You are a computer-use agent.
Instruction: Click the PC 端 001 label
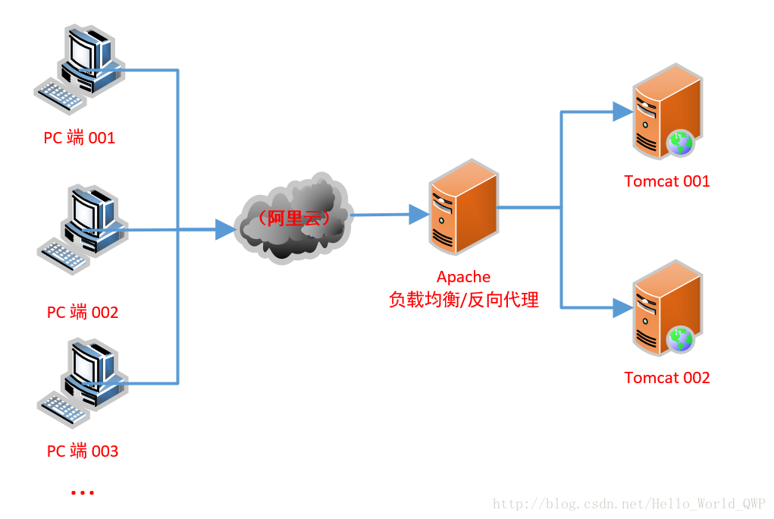click(x=80, y=138)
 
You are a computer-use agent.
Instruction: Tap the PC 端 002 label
click(x=83, y=313)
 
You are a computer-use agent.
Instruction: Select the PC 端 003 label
click(x=83, y=451)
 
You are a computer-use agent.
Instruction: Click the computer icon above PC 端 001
click(x=78, y=69)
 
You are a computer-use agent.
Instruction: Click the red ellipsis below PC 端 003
click(x=82, y=493)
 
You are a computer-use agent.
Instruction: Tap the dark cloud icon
click(x=293, y=219)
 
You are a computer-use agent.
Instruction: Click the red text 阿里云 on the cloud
click(x=293, y=218)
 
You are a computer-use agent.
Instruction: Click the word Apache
click(x=463, y=277)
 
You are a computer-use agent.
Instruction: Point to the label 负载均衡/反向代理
click(x=463, y=300)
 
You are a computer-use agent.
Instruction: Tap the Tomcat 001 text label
click(x=667, y=181)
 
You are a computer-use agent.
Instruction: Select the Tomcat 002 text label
click(x=667, y=378)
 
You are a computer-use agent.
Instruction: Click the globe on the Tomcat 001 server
click(x=680, y=142)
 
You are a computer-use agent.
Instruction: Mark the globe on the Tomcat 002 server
click(x=680, y=338)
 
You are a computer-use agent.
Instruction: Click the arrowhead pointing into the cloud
click(x=225, y=229)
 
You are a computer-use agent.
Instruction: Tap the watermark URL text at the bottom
click(x=628, y=504)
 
